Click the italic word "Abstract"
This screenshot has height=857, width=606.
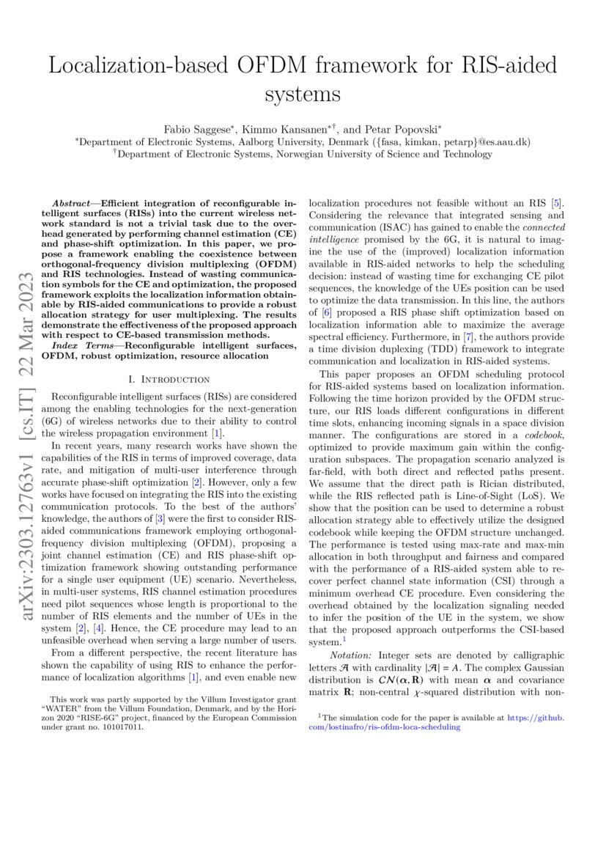(74, 202)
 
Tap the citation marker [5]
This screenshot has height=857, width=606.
(557, 202)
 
